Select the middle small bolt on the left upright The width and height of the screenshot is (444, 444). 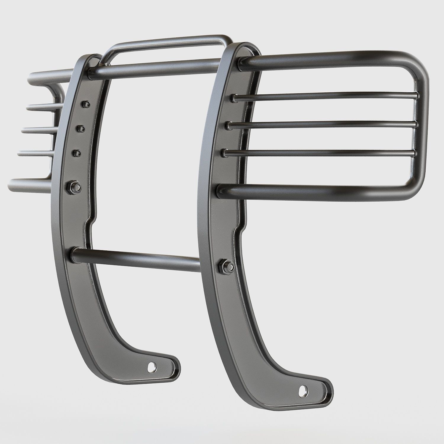[81, 128]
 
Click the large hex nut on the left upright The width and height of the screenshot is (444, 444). [74, 186]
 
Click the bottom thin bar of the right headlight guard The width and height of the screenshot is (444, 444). [320, 152]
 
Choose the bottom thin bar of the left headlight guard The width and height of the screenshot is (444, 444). [34, 153]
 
